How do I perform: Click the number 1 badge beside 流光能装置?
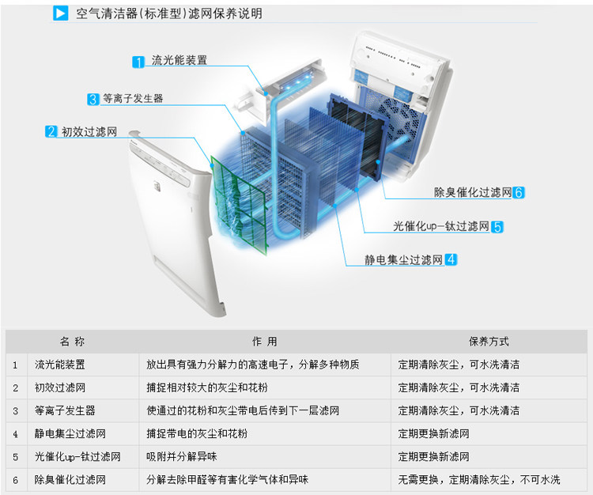138,61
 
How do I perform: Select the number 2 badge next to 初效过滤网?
51,132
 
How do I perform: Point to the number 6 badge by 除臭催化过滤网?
519,192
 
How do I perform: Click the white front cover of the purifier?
170,229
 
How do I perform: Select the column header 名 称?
72,342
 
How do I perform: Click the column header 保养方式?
489,342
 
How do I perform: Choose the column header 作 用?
264,342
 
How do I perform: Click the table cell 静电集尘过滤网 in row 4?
70,434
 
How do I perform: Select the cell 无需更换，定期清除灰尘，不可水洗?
478,480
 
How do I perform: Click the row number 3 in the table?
15,411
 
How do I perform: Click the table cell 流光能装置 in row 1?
59,365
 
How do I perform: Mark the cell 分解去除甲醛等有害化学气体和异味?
227,480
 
